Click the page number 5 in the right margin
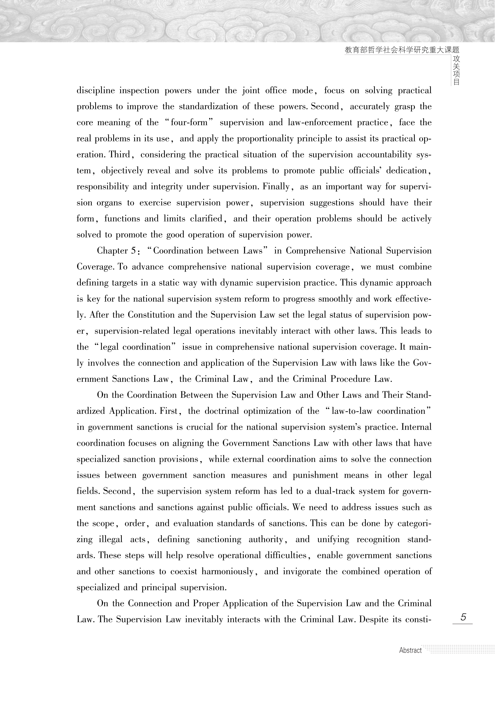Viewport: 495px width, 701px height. click(463, 617)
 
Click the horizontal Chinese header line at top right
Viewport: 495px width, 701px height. click(402, 50)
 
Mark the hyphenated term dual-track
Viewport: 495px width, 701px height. click(334, 491)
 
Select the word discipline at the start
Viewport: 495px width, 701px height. click(95, 90)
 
